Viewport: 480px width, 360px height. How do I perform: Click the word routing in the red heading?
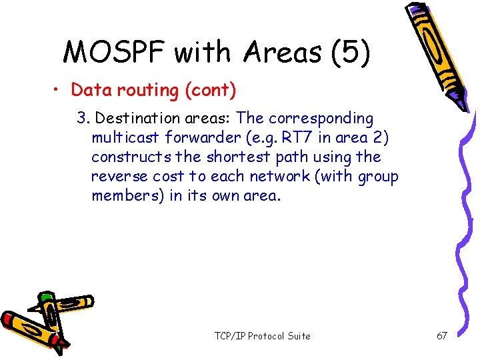pos(133,90)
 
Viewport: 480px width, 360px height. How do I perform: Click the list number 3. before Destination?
pos(83,119)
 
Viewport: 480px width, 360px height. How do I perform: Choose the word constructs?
pos(127,157)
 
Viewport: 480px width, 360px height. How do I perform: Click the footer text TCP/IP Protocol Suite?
pos(262,336)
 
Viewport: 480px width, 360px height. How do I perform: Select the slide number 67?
pos(441,336)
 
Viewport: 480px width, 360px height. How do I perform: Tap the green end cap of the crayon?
pos(45,296)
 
